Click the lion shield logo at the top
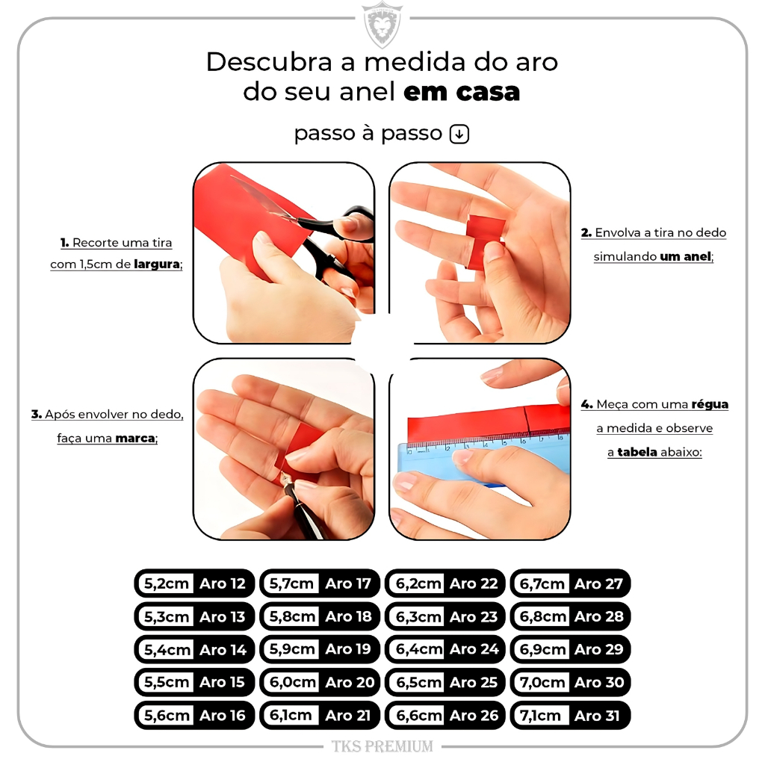[382, 25]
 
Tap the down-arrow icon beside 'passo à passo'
[459, 134]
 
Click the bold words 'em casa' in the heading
[462, 92]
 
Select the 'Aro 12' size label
[223, 583]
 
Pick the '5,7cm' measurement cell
[291, 583]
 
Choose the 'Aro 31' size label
[597, 716]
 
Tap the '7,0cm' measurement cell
[542, 683]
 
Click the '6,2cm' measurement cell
[418, 583]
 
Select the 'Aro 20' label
[350, 683]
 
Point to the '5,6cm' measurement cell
[167, 716]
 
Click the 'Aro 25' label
[474, 683]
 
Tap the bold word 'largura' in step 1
[157, 264]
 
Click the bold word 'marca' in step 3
[135, 438]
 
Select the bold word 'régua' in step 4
[710, 404]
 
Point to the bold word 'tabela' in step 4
[637, 452]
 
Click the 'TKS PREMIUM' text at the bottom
[382, 746]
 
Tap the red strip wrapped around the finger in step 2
[483, 240]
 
